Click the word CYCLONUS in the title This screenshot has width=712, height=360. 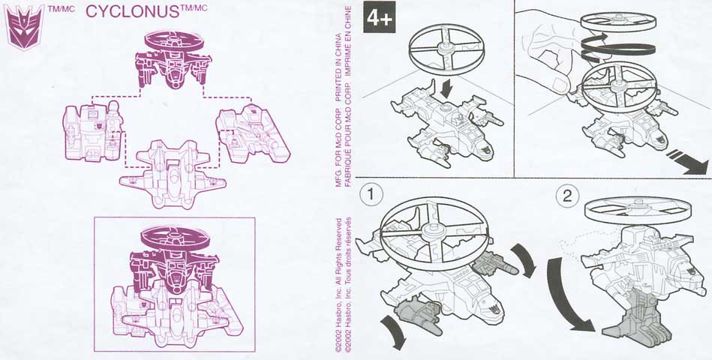pos(133,12)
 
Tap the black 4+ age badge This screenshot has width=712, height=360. pos(379,16)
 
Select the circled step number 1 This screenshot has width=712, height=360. pos(371,195)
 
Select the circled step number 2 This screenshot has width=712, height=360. pos(567,196)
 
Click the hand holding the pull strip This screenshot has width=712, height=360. pos(549,55)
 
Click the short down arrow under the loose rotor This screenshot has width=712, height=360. pos(448,88)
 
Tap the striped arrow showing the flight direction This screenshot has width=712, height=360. pos(686,161)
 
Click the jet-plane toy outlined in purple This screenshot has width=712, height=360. pos(173,175)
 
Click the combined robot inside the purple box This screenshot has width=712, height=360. pos(175,286)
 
